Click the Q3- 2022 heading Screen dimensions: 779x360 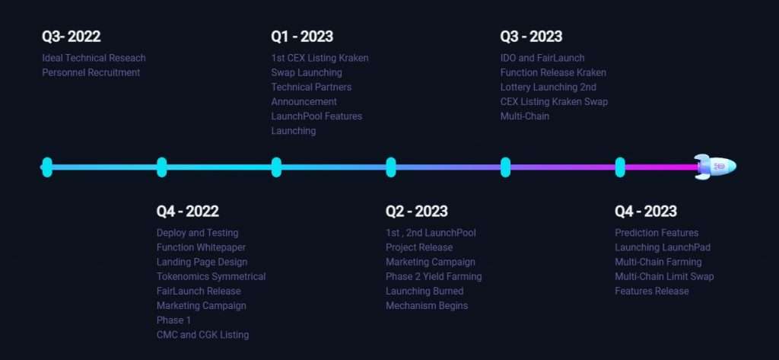(71, 37)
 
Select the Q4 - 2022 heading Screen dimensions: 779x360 (187, 212)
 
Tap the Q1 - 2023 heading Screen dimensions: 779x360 (302, 37)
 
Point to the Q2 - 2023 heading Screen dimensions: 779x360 (416, 212)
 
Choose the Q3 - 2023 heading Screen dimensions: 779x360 (531, 37)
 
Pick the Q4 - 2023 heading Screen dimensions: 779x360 (645, 212)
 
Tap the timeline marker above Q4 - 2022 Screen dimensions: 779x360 (161, 167)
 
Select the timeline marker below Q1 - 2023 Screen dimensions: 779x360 (276, 167)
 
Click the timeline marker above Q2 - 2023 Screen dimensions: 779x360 (391, 167)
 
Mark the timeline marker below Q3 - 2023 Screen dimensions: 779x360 (505, 167)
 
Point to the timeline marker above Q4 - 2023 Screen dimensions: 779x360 (620, 167)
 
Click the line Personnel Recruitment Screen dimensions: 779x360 (91, 72)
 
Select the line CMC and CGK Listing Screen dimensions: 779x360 (202, 335)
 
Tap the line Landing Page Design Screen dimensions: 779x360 (202, 262)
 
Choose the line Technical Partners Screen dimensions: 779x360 (311, 87)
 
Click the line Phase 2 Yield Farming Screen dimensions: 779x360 (434, 276)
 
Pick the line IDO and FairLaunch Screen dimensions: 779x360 (542, 58)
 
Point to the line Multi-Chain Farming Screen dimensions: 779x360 (658, 262)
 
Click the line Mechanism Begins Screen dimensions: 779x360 (427, 306)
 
